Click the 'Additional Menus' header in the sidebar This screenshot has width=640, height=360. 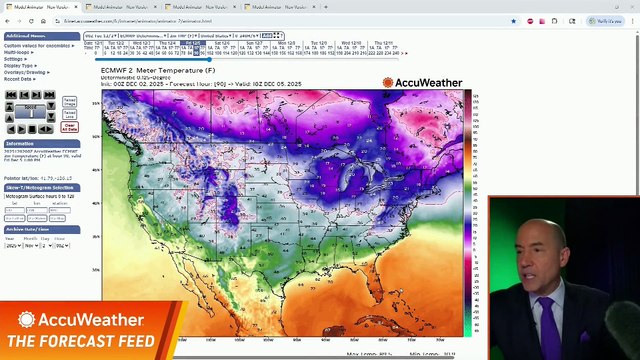[25, 36]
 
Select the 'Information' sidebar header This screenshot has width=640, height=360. [20, 144]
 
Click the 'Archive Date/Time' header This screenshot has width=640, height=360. [29, 229]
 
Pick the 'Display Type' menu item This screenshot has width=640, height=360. [19, 65]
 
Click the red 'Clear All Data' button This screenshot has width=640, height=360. [69, 127]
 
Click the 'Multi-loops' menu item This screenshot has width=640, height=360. [19, 50]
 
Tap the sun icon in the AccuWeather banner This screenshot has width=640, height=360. [27, 320]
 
